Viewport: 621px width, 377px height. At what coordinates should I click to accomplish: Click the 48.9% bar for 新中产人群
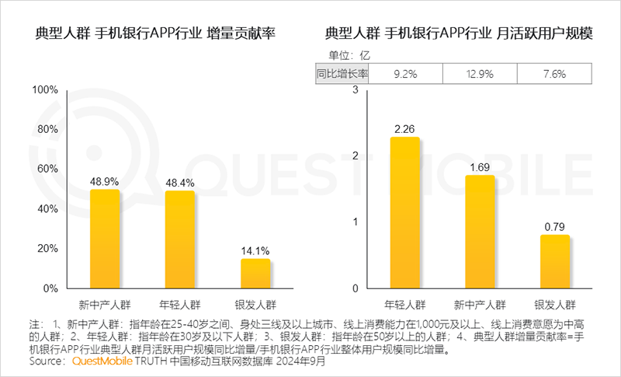tap(105, 239)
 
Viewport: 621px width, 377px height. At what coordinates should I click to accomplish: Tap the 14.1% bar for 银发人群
tap(255, 273)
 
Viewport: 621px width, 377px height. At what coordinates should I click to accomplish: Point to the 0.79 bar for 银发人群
tap(554, 261)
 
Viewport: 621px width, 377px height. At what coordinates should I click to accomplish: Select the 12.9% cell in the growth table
tap(480, 74)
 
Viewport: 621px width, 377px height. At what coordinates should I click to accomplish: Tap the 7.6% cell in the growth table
tap(554, 74)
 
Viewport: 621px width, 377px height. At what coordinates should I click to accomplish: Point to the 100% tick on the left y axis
tap(45, 90)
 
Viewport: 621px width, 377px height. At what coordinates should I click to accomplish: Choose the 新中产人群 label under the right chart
tap(480, 302)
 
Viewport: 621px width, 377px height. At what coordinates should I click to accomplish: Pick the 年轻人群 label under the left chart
tap(180, 302)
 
